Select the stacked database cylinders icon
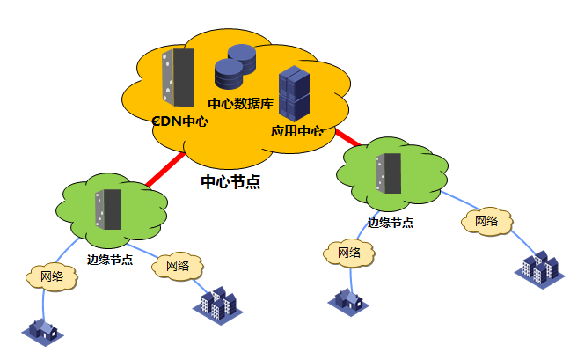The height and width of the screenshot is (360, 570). pos(235,68)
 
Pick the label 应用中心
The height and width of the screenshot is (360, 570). pos(296,131)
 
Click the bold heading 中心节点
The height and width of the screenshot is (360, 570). pos(230,182)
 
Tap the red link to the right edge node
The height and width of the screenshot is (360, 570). pos(347,138)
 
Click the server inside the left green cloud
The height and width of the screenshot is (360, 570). pos(109,209)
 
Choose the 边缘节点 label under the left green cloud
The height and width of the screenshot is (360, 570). pos(110,260)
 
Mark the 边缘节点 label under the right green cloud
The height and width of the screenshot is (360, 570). pos(391,223)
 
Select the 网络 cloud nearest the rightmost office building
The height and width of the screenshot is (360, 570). pos(486,221)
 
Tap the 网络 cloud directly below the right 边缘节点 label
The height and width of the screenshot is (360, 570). pos(348,253)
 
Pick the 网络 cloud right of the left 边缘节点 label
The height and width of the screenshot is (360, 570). pos(178,265)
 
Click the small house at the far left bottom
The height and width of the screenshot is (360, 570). pos(43,330)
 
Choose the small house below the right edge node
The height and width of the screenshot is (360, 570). pos(348,299)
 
